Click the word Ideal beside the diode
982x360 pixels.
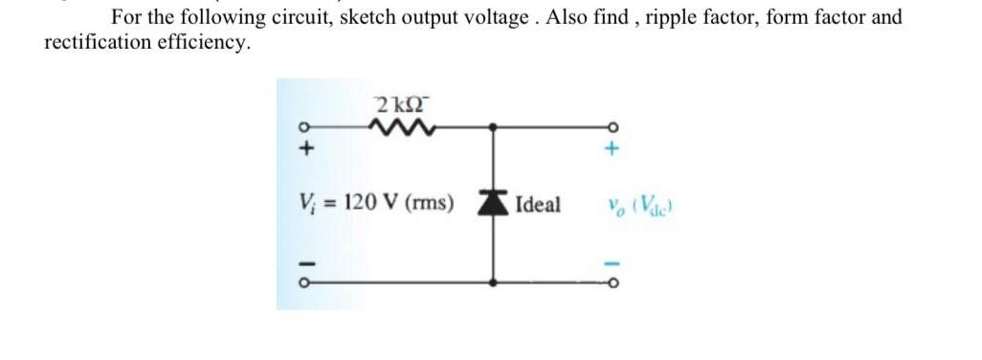pyautogui.click(x=538, y=204)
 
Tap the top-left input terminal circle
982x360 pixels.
pyautogui.click(x=305, y=125)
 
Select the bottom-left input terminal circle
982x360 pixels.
pyautogui.click(x=305, y=282)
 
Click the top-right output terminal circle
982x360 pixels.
pyautogui.click(x=613, y=125)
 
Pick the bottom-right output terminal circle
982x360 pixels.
pyautogui.click(x=613, y=282)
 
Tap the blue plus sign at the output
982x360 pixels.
pyautogui.click(x=613, y=148)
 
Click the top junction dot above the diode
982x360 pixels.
pyautogui.click(x=493, y=125)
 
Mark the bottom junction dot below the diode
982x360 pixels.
pyautogui.click(x=493, y=282)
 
